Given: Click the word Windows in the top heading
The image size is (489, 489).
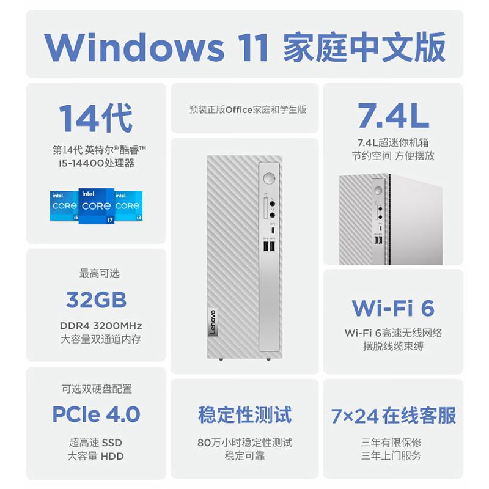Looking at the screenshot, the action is pyautogui.click(x=134, y=47).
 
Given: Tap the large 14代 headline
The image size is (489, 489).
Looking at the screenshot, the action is pyautogui.click(x=96, y=118).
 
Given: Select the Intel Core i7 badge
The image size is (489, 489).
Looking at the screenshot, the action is pyautogui.click(x=97, y=206).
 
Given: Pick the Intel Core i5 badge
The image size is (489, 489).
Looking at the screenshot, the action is pyautogui.click(x=64, y=206).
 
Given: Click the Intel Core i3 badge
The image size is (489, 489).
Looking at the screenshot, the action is pyautogui.click(x=128, y=206).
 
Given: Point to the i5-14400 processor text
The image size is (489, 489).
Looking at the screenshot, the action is pyautogui.click(x=97, y=163).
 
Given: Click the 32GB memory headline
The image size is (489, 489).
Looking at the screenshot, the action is pyautogui.click(x=97, y=300).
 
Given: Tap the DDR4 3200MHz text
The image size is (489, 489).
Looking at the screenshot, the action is pyautogui.click(x=101, y=326).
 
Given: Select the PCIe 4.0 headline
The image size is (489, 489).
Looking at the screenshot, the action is pyautogui.click(x=97, y=414).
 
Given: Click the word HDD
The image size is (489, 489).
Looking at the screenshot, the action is pyautogui.click(x=112, y=456).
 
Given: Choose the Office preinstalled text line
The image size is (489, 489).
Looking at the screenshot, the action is pyautogui.click(x=248, y=110).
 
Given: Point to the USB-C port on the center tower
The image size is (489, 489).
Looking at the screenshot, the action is pyautogui.click(x=273, y=231).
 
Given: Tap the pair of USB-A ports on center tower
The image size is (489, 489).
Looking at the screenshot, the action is pyautogui.click(x=269, y=246).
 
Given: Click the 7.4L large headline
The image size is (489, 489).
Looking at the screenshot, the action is pyautogui.click(x=393, y=116).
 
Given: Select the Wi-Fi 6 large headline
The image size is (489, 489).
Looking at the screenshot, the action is pyautogui.click(x=393, y=308).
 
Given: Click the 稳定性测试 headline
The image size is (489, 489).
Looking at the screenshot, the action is pyautogui.click(x=245, y=415).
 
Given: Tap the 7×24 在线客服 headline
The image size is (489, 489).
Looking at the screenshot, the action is pyautogui.click(x=393, y=416).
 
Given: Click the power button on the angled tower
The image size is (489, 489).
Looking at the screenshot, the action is pyautogui.click(x=378, y=190).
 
